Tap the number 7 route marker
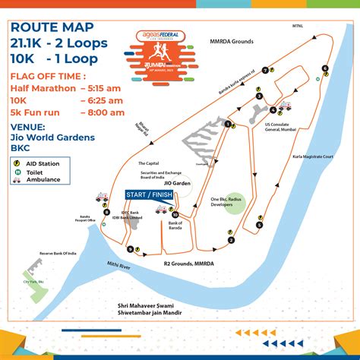[x=264, y=70]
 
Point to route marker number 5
[x=259, y=225]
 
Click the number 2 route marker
[x=230, y=242]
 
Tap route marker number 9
[x=131, y=249]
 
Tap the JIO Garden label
[x=175, y=183]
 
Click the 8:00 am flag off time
[x=102, y=112]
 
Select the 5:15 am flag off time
[x=102, y=88]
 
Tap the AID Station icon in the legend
[x=16, y=162]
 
